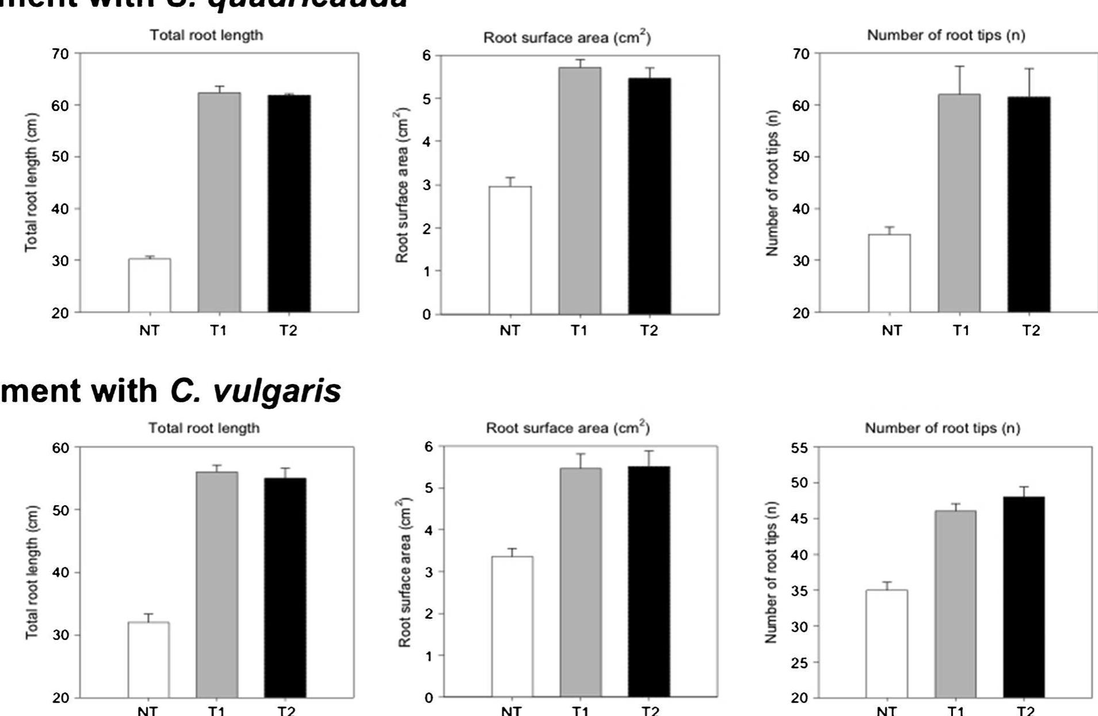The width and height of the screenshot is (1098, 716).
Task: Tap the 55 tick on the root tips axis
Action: (799, 448)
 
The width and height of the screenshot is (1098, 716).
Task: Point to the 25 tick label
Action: (799, 662)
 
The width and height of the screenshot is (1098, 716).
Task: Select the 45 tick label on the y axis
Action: (799, 519)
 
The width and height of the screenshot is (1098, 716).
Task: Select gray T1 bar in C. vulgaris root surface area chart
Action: (581, 582)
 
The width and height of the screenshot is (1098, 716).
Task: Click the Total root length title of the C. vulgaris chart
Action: (204, 428)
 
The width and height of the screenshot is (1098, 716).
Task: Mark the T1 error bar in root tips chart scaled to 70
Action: (959, 80)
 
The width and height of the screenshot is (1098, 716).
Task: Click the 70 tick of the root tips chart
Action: (802, 54)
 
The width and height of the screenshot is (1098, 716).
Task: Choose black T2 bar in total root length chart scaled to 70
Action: (289, 204)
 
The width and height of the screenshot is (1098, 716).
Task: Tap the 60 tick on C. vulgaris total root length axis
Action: (60, 448)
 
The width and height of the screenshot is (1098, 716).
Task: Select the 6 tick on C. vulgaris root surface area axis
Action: (429, 446)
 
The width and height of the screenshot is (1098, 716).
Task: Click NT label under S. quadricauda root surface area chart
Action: (510, 331)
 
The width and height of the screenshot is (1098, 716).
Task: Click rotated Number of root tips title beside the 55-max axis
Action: (772, 573)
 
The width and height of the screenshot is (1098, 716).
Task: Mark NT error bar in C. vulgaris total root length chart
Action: (148, 618)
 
